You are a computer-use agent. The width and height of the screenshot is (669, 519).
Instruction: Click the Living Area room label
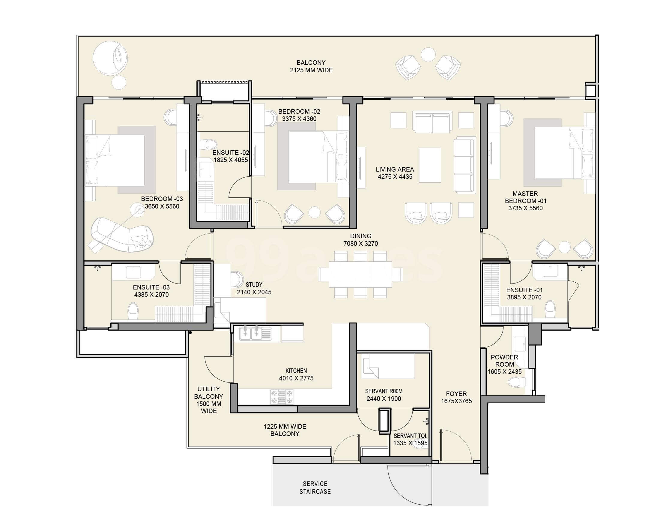(x=395, y=169)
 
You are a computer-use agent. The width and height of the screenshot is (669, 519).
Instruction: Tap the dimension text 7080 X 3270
(x=360, y=244)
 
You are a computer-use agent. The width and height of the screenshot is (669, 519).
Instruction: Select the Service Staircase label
(x=315, y=488)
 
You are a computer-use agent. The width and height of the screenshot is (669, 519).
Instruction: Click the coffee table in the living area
(x=430, y=165)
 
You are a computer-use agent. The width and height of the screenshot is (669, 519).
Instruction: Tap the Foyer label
(x=456, y=394)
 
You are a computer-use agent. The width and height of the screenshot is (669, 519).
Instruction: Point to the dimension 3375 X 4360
(x=299, y=119)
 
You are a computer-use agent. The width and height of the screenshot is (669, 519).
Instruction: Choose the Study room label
(x=254, y=285)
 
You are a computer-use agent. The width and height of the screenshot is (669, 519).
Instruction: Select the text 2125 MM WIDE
(x=311, y=70)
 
